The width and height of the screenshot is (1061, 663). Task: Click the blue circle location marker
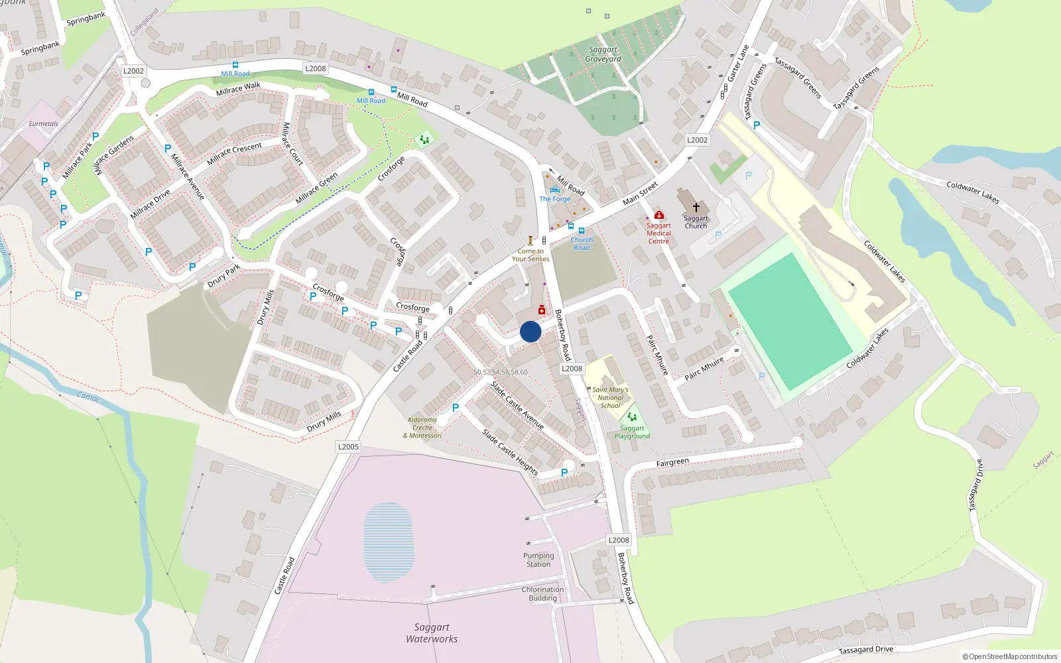(x=530, y=331)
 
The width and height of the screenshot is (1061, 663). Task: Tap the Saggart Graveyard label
(x=603, y=54)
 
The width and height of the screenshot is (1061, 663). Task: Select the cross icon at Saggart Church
(x=696, y=208)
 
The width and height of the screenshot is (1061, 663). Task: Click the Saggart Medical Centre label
(x=658, y=233)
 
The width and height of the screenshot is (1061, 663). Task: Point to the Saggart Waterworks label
(x=432, y=633)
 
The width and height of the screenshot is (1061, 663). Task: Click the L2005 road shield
(x=348, y=447)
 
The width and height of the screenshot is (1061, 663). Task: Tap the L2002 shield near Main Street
(x=697, y=140)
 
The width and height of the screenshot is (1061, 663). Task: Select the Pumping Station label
(x=538, y=560)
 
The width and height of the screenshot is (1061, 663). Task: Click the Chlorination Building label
(x=542, y=593)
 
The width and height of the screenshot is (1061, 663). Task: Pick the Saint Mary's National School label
(x=610, y=398)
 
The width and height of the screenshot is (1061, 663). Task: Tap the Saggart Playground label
(x=632, y=432)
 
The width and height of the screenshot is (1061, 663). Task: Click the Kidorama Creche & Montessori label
(x=422, y=428)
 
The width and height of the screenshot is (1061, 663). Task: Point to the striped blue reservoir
(x=389, y=542)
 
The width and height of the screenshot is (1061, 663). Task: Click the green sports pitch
(x=789, y=322)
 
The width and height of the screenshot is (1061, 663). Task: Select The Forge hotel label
(x=555, y=199)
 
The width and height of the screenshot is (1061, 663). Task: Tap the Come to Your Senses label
(x=530, y=255)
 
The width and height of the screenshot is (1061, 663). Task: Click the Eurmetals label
(x=43, y=124)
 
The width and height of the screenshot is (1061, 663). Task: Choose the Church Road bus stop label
(x=582, y=243)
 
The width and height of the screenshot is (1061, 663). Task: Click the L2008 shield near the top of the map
(x=316, y=68)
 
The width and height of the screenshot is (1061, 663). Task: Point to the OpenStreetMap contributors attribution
(x=1009, y=656)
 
